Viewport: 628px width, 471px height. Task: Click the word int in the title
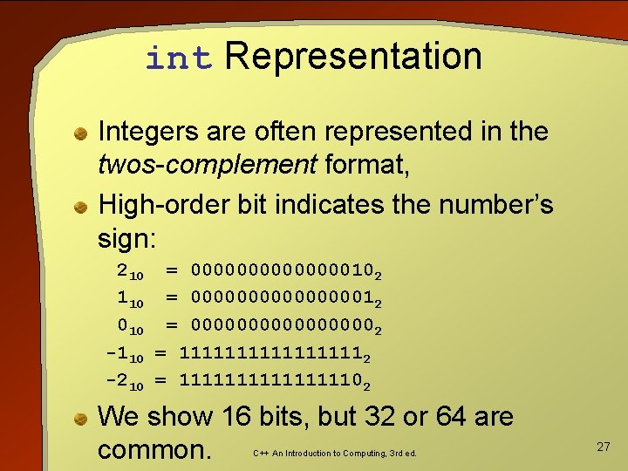178,58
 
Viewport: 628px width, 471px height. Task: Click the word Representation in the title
352,56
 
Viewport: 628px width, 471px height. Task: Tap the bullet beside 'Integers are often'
79,133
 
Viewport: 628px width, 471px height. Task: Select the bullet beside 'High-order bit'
79,208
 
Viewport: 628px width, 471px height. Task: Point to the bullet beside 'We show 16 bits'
79,419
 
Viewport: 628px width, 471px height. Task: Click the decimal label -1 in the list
123,355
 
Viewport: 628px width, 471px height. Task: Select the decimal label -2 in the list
123,381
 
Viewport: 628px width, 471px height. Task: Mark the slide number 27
603,447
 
